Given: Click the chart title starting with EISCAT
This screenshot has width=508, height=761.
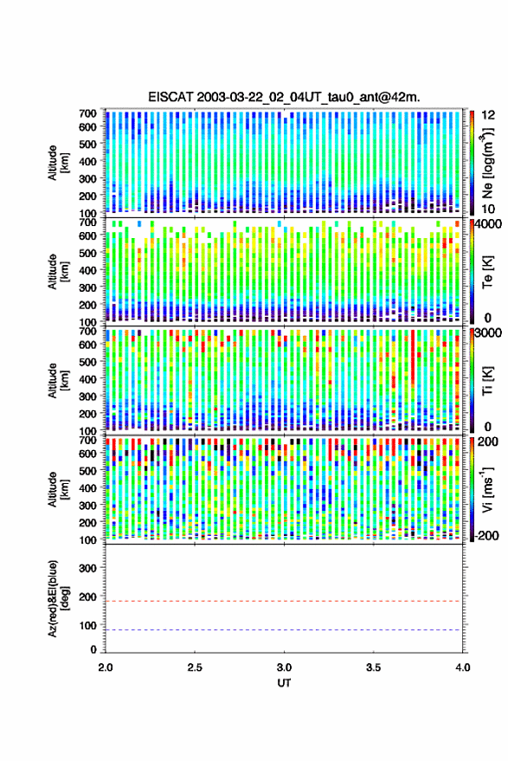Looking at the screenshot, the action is (x=284, y=97).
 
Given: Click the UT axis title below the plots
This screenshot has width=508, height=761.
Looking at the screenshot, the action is (x=284, y=682).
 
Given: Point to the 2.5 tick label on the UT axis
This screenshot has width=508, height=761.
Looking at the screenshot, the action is (x=195, y=667).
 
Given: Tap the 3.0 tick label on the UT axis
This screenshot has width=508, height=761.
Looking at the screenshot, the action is (x=285, y=667).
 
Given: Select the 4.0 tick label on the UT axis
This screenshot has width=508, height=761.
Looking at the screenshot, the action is (x=463, y=667).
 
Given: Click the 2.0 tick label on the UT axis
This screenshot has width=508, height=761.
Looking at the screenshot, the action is (x=106, y=667).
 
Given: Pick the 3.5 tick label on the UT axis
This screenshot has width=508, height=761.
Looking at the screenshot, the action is (x=374, y=667).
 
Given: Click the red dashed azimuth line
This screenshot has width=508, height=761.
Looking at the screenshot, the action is (x=284, y=601).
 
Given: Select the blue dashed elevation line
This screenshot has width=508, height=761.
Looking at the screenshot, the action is (x=284, y=630).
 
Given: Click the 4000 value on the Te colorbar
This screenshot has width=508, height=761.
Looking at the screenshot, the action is (x=490, y=225).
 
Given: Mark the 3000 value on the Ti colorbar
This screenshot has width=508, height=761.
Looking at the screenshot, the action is (x=490, y=333).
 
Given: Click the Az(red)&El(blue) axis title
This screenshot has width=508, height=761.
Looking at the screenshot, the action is (x=58, y=598).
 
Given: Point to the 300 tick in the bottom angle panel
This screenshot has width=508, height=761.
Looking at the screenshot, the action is (x=87, y=568).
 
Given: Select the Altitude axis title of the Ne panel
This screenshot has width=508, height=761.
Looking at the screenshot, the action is (x=58, y=163).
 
